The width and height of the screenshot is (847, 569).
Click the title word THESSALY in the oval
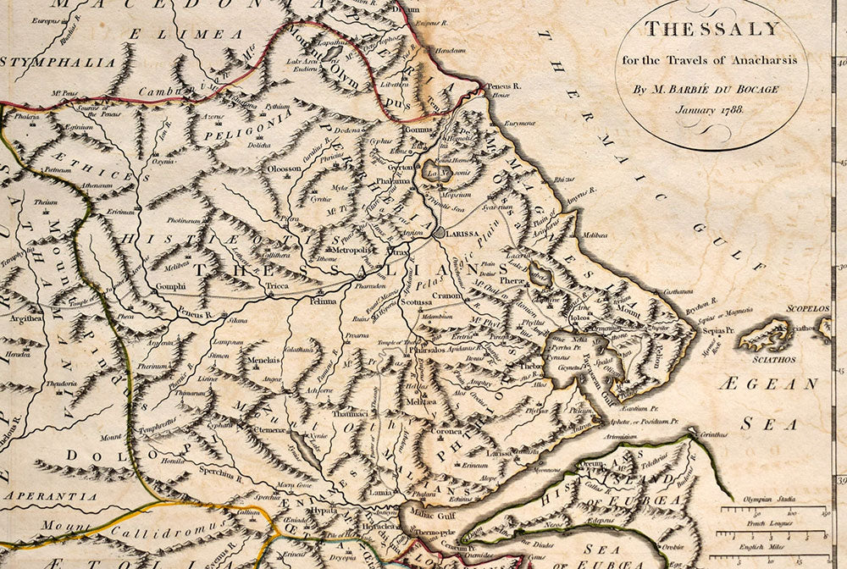[711, 29]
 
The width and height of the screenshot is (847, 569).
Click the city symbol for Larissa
[437, 231]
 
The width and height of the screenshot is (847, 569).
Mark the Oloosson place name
[285, 168]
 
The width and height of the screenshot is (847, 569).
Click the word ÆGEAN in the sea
[768, 384]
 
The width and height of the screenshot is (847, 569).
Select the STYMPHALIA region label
[58, 62]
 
